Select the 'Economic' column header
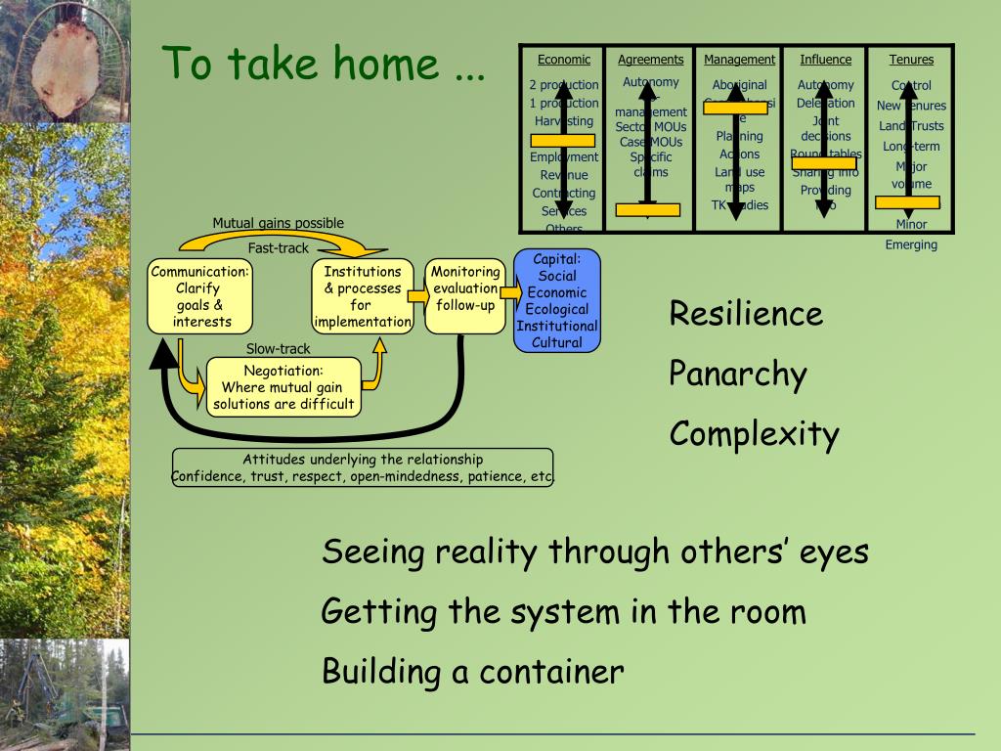[x=564, y=60]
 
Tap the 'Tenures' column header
[x=911, y=60]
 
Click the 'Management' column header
[x=739, y=60]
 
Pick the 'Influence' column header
[x=825, y=60]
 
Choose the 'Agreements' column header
[x=650, y=60]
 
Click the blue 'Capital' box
[x=557, y=300]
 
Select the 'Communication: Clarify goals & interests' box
[x=201, y=296]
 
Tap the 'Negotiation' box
[x=283, y=387]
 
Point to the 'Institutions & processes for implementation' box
[x=363, y=296]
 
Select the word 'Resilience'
[x=746, y=314]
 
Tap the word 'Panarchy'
[x=738, y=374]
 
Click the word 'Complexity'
[x=754, y=433]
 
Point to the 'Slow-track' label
[x=278, y=349]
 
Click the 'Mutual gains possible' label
[x=278, y=223]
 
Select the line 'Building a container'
[x=472, y=672]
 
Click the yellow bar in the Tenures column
[x=907, y=202]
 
